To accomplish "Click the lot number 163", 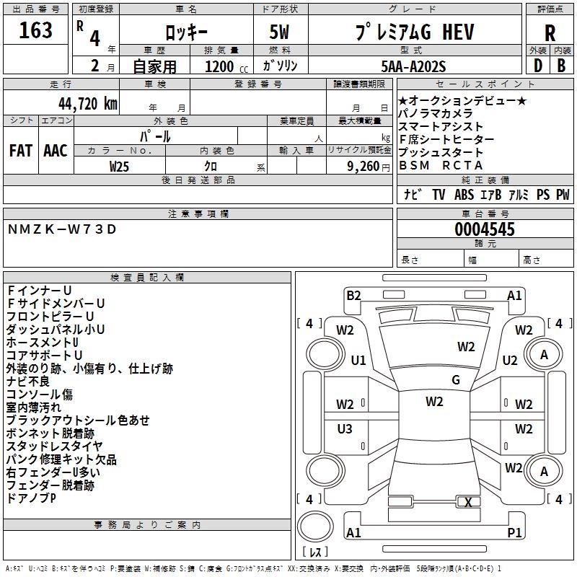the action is pyautogui.click(x=36, y=31).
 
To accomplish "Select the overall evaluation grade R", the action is pyautogui.click(x=550, y=33).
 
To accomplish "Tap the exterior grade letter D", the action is pyautogui.click(x=537, y=65).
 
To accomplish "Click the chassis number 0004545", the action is pyautogui.click(x=485, y=229).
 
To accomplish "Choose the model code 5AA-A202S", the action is pyautogui.click(x=413, y=66).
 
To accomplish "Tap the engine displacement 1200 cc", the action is pyautogui.click(x=219, y=66).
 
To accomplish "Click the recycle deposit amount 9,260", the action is pyautogui.click(x=363, y=165).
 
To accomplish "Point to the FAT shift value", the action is pyautogui.click(x=20, y=150).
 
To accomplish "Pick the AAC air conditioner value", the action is pyautogui.click(x=56, y=150).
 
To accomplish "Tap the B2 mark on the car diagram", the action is pyautogui.click(x=353, y=295).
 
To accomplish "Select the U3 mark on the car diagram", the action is pyautogui.click(x=345, y=429).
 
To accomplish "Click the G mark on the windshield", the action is pyautogui.click(x=455, y=380).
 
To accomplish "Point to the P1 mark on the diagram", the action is pyautogui.click(x=514, y=532).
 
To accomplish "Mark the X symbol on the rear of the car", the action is pyautogui.click(x=469, y=502).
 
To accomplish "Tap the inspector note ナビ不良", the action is pyautogui.click(x=28, y=382).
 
